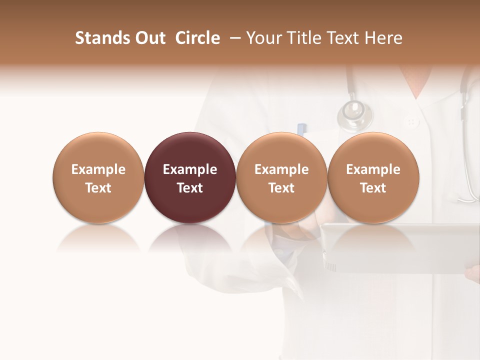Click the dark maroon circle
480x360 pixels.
tap(190, 177)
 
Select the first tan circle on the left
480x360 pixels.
tap(98, 177)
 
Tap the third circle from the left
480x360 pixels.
tap(281, 177)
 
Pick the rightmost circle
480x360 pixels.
tap(373, 177)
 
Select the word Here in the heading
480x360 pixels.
tap(384, 38)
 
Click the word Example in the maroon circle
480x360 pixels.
tap(190, 169)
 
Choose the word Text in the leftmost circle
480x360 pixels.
tap(98, 188)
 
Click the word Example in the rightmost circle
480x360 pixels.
tap(373, 169)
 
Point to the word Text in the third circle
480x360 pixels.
tap(281, 188)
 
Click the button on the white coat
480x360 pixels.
tap(412, 121)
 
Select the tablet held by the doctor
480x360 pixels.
tap(400, 247)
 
